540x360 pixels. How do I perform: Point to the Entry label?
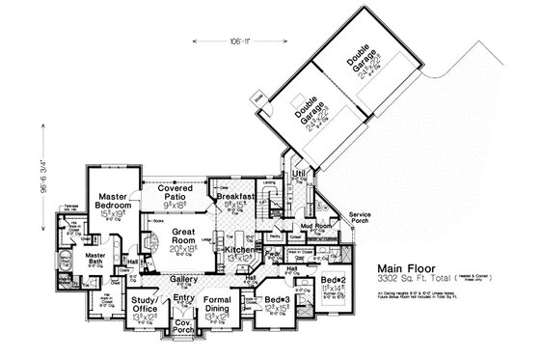tap(183, 300)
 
